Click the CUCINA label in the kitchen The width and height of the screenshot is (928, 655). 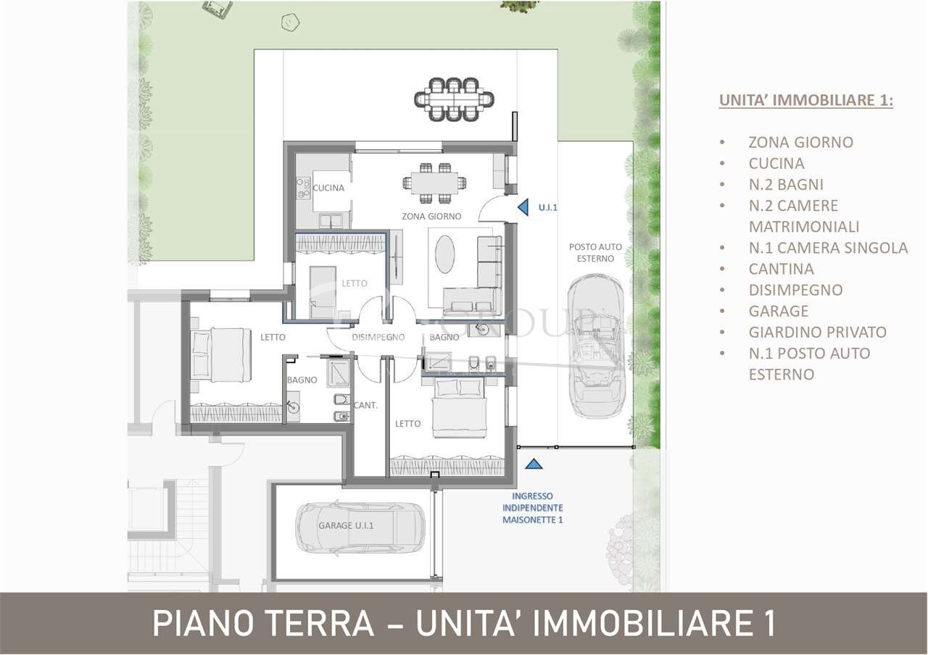point(328,188)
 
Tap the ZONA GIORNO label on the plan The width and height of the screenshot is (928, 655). point(431,216)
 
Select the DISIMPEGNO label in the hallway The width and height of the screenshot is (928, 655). point(378,337)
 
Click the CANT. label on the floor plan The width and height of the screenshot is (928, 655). point(366,405)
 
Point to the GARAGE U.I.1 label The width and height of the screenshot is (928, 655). point(346,527)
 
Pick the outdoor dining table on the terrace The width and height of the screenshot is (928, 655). point(454,96)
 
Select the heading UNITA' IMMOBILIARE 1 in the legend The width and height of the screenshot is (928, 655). point(805,100)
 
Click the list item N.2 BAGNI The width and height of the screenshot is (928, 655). point(786,184)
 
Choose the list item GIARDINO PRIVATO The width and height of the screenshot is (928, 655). point(817,332)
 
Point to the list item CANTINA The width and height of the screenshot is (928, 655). point(781,269)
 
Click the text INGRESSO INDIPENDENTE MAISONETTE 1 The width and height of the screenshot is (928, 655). point(533,508)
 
